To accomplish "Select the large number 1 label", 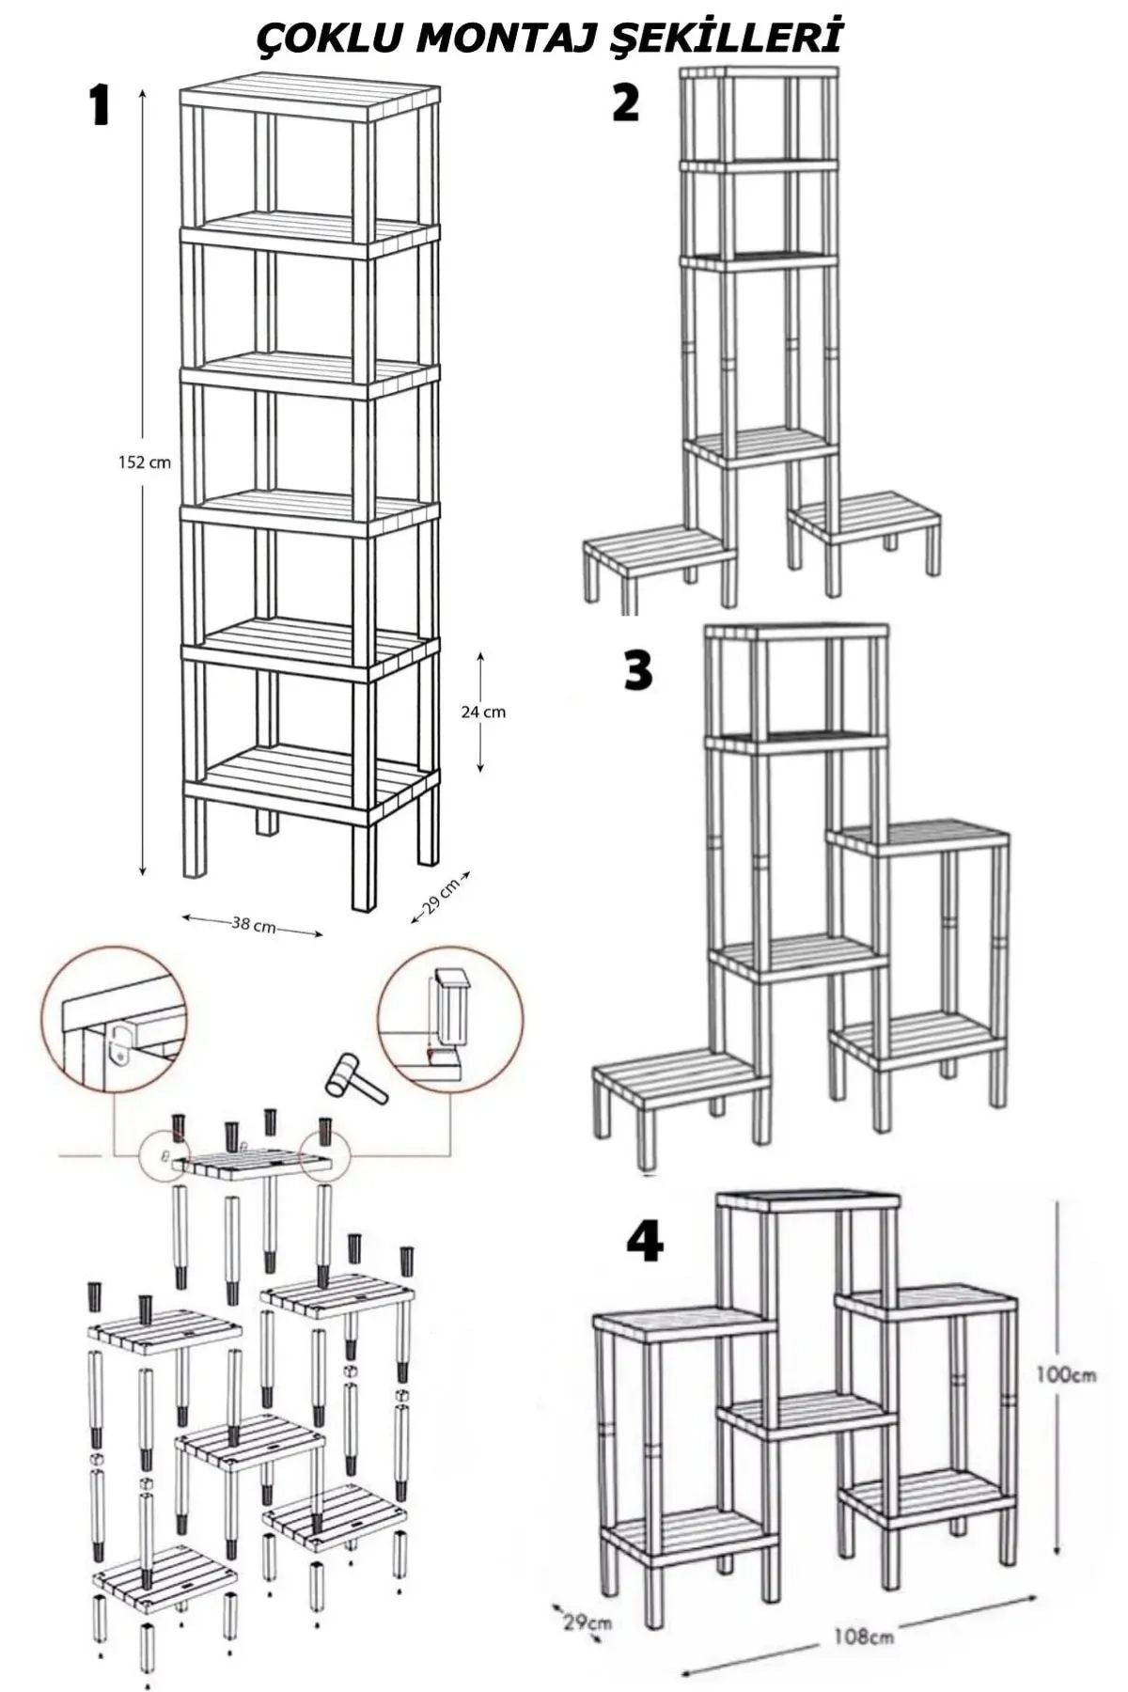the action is [100, 105].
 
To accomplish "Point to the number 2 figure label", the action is [625, 102].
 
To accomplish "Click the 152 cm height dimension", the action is [145, 462].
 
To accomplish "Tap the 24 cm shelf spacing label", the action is [483, 713].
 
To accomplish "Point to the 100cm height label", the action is [1066, 1374].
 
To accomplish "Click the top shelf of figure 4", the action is [809, 1203].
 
